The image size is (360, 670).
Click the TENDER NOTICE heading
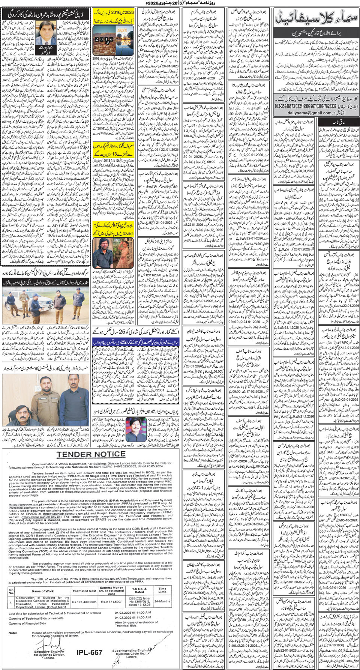point(90,455)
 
